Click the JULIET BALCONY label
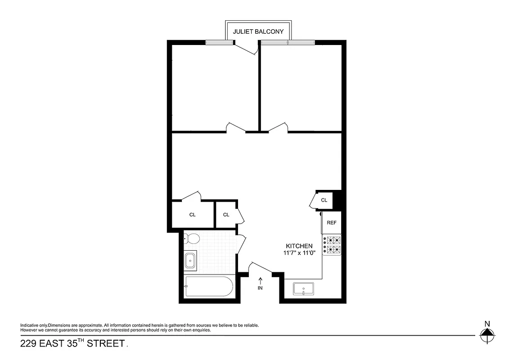pos(258,32)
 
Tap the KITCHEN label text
pos(299,246)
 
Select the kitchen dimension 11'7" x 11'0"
pos(299,253)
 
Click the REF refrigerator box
pos(332,223)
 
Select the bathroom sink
pos(190,260)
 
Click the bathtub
pos(209,286)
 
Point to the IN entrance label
pos(260,288)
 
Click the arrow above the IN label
pos(260,281)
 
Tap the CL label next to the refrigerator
pos(324,200)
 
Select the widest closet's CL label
pos(193,215)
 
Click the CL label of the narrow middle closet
pos(226,215)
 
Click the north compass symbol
pos(486,335)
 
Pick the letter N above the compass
pos(486,324)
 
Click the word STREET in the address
pos(105,344)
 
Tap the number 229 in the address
pos(29,344)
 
